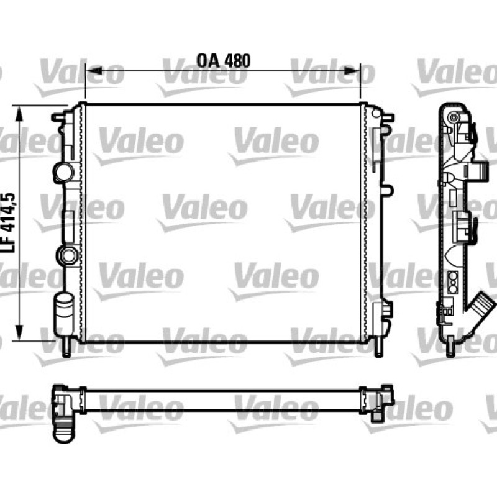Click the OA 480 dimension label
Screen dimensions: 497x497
[x=224, y=61]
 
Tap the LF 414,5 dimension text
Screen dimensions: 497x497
[x=9, y=222]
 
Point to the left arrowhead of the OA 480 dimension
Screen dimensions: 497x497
[x=94, y=71]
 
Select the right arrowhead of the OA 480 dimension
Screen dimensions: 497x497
[x=352, y=71]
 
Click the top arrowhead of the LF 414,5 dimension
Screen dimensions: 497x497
[x=20, y=114]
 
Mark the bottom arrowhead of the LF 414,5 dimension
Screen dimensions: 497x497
[x=20, y=333]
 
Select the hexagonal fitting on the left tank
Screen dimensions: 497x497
[x=67, y=255]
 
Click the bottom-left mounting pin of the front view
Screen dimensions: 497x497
[x=66, y=347]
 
